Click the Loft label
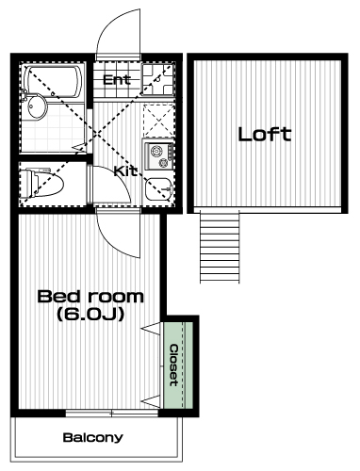click(265, 134)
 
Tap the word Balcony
click(92, 437)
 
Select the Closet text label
click(173, 365)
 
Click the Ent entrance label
click(117, 80)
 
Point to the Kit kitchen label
click(125, 171)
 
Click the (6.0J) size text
click(90, 314)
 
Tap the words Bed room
click(90, 297)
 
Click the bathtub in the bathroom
click(54, 81)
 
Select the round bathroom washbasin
click(37, 106)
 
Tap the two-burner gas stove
click(159, 156)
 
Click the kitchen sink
click(158, 189)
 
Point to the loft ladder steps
click(220, 247)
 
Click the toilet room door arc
click(117, 176)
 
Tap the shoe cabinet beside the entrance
click(158, 79)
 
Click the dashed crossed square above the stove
click(158, 121)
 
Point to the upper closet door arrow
click(151, 328)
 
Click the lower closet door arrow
click(151, 401)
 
